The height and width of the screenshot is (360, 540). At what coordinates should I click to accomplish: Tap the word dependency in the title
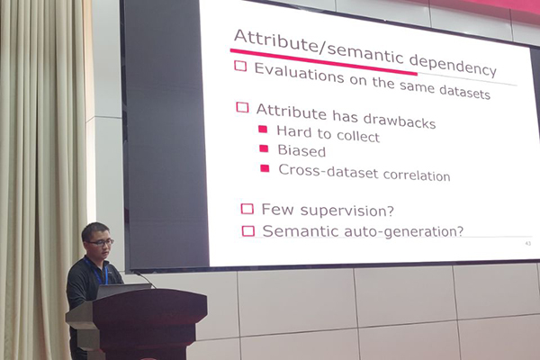pyautogui.click(x=453, y=66)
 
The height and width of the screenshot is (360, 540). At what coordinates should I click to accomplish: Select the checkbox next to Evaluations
pyautogui.click(x=240, y=66)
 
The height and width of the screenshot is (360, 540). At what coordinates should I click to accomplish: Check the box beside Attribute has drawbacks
pyautogui.click(x=242, y=107)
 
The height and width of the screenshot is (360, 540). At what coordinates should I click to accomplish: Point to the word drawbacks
pyautogui.click(x=400, y=121)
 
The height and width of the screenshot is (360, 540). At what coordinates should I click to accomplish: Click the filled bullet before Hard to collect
pyautogui.click(x=263, y=129)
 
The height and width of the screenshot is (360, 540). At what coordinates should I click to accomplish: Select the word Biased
pyautogui.click(x=301, y=151)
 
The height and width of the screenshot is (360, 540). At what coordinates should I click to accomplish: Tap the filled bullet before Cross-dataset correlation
pyautogui.click(x=265, y=167)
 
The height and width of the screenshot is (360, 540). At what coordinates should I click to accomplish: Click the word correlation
pyautogui.click(x=417, y=175)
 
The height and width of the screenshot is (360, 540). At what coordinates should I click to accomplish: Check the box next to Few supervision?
pyautogui.click(x=247, y=209)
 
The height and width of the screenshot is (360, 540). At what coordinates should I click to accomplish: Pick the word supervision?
pyautogui.click(x=346, y=211)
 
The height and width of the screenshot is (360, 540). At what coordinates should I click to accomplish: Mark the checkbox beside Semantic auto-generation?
pyautogui.click(x=248, y=230)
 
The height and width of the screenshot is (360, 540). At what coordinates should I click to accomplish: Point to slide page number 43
pyautogui.click(x=528, y=244)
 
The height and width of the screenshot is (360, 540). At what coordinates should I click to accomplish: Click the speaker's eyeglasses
pyautogui.click(x=101, y=242)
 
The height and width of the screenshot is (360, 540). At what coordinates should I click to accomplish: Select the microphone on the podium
pyautogui.click(x=144, y=279)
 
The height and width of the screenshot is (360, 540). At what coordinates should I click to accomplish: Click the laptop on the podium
pyautogui.click(x=122, y=291)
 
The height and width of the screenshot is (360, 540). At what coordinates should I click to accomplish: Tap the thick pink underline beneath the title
pyautogui.click(x=324, y=62)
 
